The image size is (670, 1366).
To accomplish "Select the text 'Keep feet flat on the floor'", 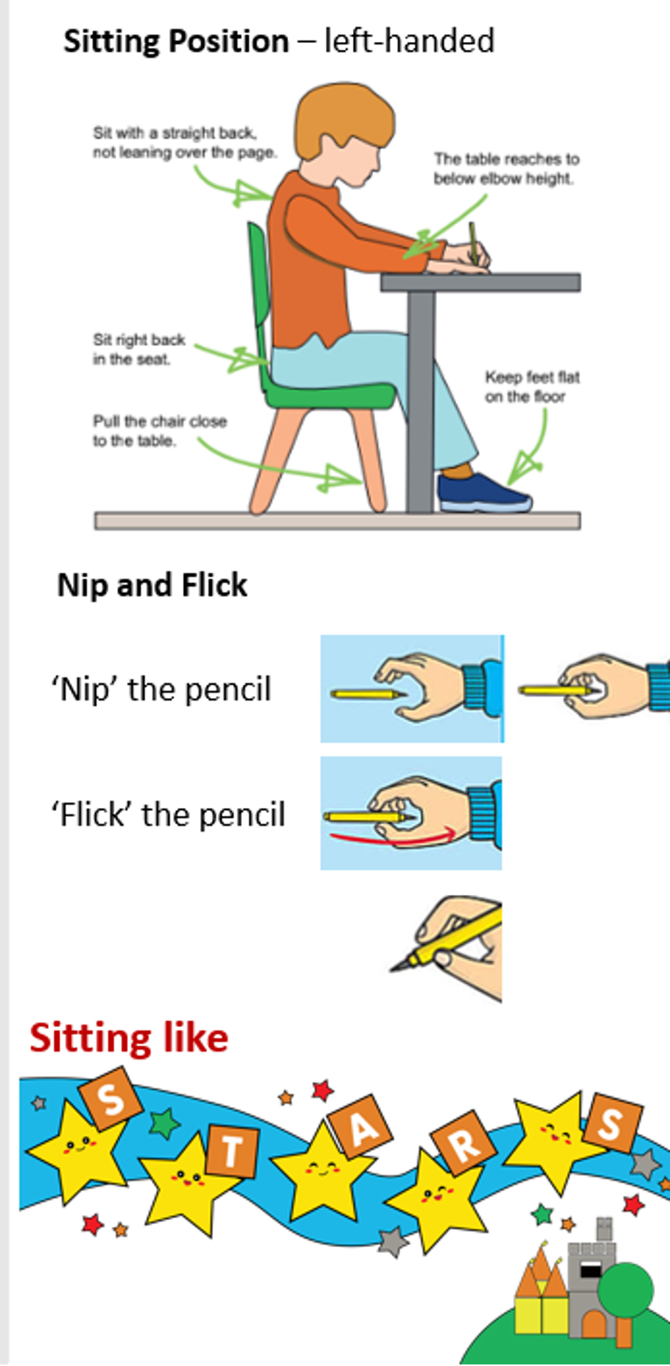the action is coord(532,387).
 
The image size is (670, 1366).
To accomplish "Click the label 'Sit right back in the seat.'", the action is coord(139,349).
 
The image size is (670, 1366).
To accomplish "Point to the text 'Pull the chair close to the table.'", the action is coord(160,431).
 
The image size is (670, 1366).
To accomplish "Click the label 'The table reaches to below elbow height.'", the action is coord(506,169).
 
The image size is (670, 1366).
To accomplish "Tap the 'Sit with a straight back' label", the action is coord(185,142).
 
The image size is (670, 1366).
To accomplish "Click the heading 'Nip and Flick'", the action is coord(152,585).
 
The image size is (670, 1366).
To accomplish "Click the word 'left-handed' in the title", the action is coord(409,41).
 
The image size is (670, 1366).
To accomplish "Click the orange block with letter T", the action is coord(231,1151).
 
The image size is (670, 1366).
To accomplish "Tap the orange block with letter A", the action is coord(360,1127).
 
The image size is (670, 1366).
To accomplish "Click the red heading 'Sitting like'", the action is coord(129,1038).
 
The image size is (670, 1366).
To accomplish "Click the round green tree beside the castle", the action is coord(625,1290).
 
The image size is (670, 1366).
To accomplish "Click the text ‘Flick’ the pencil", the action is coord(168,814).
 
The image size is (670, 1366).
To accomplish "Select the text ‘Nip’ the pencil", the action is coord(162,689).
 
